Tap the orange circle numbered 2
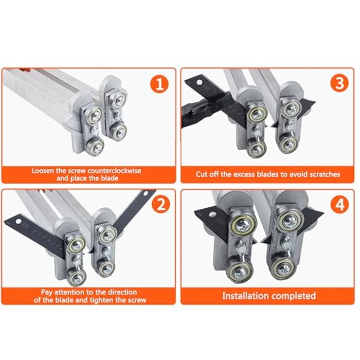160,205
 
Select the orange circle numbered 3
338,84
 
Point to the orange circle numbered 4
338,205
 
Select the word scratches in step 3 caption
323,174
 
